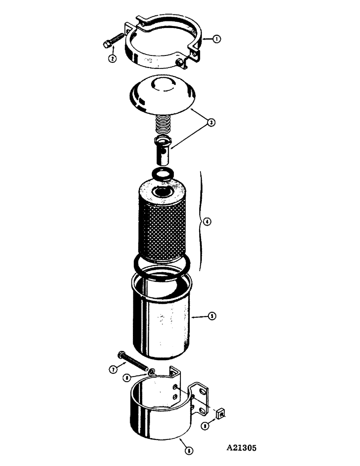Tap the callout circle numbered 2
coord(112,59)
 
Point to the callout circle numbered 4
coord(208,222)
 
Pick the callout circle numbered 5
coord(213,316)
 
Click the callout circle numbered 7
coord(112,370)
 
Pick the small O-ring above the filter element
coord(161,174)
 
